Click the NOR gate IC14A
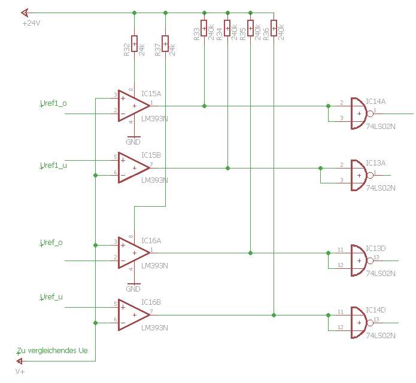[x=359, y=112]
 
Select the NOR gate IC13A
[x=359, y=174]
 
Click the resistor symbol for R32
[x=134, y=44]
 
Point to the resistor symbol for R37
[x=165, y=44]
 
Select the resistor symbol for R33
[x=204, y=28]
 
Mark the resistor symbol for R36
[x=274, y=28]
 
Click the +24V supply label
[x=31, y=23]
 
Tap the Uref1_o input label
[x=53, y=103]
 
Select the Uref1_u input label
[x=53, y=166]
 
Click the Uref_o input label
[x=51, y=243]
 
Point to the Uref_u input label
[x=51, y=297]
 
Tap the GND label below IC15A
[x=133, y=142]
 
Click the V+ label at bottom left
[x=20, y=372]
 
